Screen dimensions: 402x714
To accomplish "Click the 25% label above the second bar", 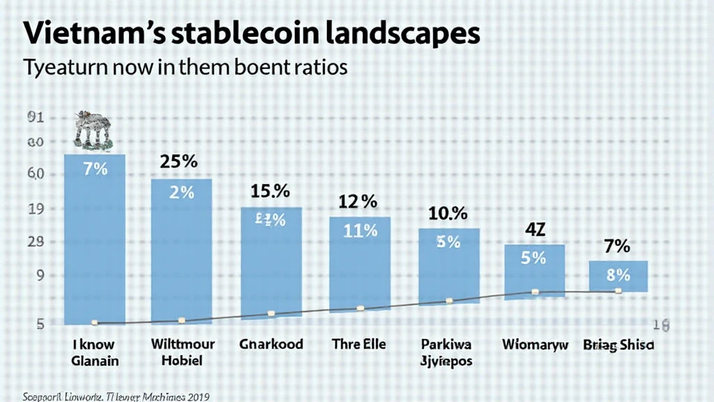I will click(180, 162).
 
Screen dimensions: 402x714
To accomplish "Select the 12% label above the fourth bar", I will click(358, 202).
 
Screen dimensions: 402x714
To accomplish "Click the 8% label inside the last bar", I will click(618, 275).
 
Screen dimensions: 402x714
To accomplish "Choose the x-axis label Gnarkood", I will click(271, 344).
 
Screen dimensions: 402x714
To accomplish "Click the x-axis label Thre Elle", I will click(358, 344).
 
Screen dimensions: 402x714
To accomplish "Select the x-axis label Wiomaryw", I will click(535, 345).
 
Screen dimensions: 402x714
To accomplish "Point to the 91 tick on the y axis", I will click(36, 118).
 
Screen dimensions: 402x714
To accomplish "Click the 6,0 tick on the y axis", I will click(36, 174).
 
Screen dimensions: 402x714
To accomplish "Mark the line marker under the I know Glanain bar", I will click(94, 322).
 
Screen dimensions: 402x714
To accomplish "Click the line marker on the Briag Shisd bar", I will click(618, 290).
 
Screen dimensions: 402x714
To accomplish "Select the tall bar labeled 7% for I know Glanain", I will click(94, 237).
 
